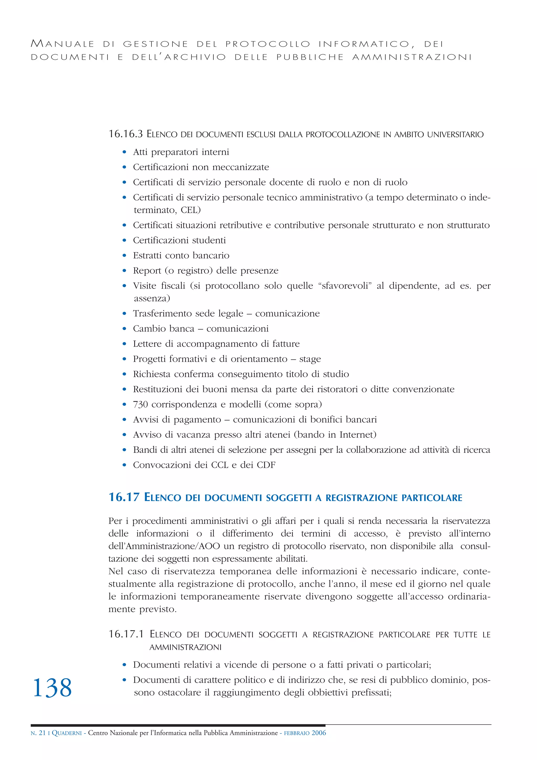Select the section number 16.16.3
tap(126, 134)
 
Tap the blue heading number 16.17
tap(124, 497)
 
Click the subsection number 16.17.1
tap(126, 634)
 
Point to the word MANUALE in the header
tap(62, 44)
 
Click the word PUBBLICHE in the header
tap(310, 57)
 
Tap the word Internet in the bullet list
tap(357, 435)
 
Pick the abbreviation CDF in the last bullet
tap(266, 465)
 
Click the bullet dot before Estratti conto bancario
tap(124, 256)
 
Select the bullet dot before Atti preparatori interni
tap(124, 152)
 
